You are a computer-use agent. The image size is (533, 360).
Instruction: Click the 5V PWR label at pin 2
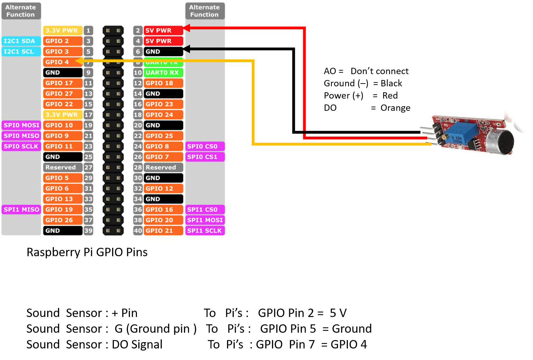coord(163,30)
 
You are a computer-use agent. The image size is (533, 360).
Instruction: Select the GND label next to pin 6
coord(163,51)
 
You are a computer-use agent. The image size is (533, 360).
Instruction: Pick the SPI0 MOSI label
coord(21,125)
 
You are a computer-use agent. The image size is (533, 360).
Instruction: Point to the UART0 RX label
coord(163,73)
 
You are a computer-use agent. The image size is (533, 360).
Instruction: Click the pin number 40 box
coord(138,231)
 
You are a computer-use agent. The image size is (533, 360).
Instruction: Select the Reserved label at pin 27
coord(63,167)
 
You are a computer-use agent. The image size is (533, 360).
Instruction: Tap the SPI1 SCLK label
coord(205,231)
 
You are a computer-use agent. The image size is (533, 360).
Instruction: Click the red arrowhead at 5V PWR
coord(187,28)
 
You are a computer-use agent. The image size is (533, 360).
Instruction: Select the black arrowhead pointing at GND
coord(187,49)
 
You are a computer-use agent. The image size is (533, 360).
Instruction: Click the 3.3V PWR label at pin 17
coord(63,115)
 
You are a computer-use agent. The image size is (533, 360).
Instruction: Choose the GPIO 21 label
coord(163,231)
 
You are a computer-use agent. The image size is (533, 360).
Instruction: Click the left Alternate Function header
coord(21,11)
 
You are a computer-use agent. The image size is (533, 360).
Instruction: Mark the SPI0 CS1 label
coord(205,157)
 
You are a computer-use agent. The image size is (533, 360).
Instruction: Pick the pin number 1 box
coord(88,30)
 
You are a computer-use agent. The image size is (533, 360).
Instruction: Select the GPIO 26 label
coord(63,220)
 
